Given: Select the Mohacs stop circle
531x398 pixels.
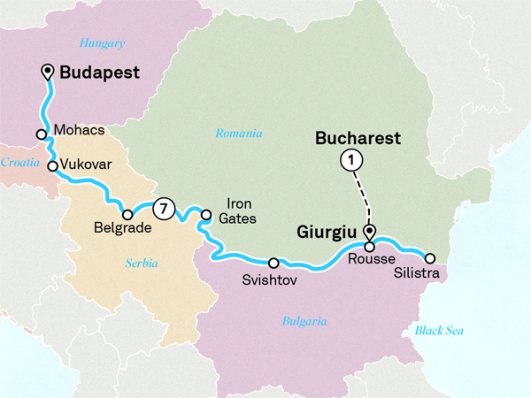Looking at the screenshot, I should point(42,134).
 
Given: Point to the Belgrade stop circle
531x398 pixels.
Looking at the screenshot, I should point(127,214).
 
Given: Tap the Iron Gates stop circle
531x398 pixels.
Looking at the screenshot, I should point(205,214).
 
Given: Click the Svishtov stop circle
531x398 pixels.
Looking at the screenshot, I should point(273,263).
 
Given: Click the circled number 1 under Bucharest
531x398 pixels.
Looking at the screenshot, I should point(351,160).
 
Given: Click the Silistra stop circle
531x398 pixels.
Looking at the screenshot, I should point(430,258).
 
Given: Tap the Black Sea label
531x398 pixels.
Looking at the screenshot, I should point(439,331).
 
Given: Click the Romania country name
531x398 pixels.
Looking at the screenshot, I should point(239,134).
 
